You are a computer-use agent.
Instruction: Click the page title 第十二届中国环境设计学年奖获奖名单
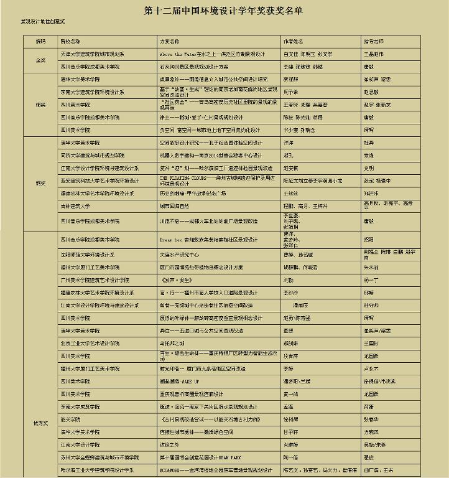tap(224, 11)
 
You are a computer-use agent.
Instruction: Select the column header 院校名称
tap(70, 41)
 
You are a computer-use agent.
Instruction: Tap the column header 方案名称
tap(170, 41)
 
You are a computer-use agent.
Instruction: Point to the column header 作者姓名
tap(294, 41)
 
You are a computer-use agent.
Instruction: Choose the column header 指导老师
tap(374, 41)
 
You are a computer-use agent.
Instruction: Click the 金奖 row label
tap(40, 60)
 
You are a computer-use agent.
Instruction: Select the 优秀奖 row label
tap(40, 423)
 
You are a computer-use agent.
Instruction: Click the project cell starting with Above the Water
tap(212, 55)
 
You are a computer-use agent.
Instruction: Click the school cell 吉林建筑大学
tap(76, 205)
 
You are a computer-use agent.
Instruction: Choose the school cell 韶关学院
tap(71, 419)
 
